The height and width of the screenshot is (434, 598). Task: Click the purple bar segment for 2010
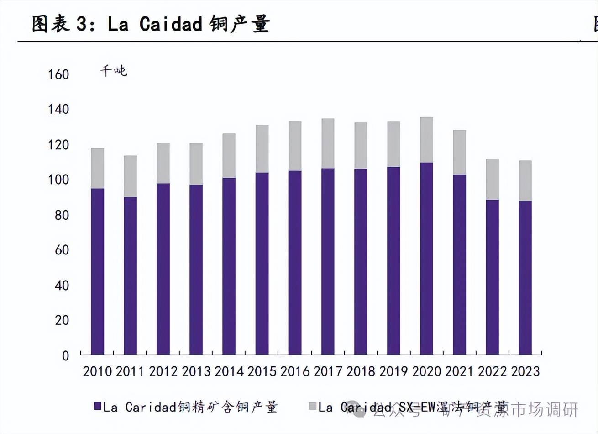click(97, 271)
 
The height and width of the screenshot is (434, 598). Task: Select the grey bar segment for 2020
click(426, 140)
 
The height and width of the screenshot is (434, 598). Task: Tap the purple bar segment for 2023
click(525, 278)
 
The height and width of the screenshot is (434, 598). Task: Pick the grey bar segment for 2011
click(130, 176)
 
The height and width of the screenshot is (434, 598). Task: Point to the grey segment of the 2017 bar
click(328, 143)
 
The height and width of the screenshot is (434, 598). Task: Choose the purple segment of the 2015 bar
click(262, 264)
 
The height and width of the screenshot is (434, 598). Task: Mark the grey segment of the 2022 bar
click(492, 180)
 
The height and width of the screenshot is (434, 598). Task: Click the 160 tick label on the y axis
click(58, 74)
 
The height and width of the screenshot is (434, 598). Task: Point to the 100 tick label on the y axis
click(58, 180)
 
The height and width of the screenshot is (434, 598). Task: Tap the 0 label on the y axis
click(65, 356)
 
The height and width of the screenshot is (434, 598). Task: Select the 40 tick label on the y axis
click(62, 286)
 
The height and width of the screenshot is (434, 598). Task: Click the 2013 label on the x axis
click(196, 371)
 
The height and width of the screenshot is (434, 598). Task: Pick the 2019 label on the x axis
click(393, 371)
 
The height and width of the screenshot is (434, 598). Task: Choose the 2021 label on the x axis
click(459, 371)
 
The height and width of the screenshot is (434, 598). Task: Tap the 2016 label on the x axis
click(295, 371)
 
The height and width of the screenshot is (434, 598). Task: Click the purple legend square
click(97, 406)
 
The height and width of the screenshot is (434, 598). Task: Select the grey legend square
click(313, 406)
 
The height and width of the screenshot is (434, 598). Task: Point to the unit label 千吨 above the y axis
click(114, 71)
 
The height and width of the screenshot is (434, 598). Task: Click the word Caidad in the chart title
click(171, 24)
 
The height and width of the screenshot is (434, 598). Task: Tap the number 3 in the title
click(82, 24)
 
